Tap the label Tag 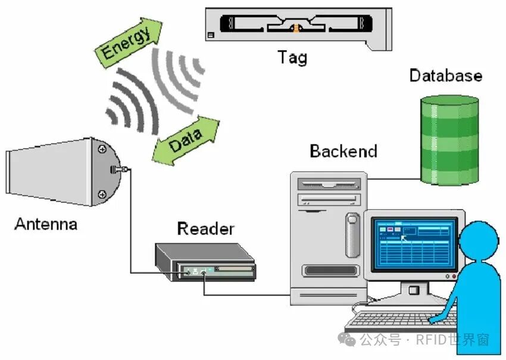pyautogui.click(x=292, y=58)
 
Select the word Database pyautogui.click(x=445, y=76)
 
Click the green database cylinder pyautogui.click(x=449, y=140)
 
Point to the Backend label pyautogui.click(x=343, y=151)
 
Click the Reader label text pyautogui.click(x=205, y=228)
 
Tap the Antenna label pyautogui.click(x=46, y=224)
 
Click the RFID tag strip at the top pyautogui.click(x=298, y=27)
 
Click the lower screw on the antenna pyautogui.click(x=102, y=193)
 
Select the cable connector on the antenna pyautogui.click(x=118, y=170)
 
